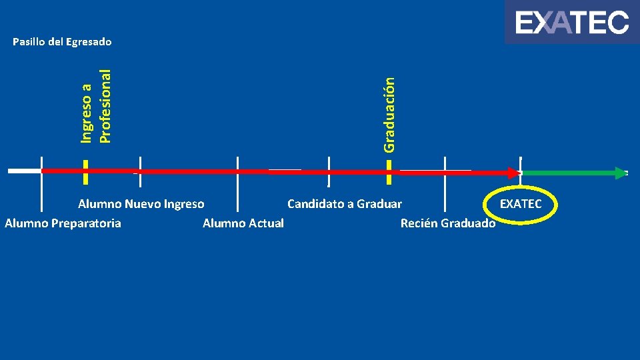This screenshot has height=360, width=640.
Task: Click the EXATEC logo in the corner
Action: click(x=571, y=22)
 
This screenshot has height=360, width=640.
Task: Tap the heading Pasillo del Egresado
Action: click(x=63, y=42)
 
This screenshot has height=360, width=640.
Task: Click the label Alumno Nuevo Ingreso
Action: click(x=141, y=204)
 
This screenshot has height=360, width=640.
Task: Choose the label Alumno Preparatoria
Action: click(x=63, y=223)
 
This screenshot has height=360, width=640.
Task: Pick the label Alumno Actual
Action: click(x=243, y=223)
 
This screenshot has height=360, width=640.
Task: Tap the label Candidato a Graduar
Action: click(x=345, y=204)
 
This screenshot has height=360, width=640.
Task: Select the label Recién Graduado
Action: click(x=448, y=223)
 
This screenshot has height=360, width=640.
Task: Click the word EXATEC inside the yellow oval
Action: click(x=521, y=204)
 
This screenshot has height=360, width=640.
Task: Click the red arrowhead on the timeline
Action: click(x=512, y=173)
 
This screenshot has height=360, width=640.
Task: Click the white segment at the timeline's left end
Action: click(x=24, y=171)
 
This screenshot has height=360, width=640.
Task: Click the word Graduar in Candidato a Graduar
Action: click(x=379, y=204)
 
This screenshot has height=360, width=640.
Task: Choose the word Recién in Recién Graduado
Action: click(x=417, y=223)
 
